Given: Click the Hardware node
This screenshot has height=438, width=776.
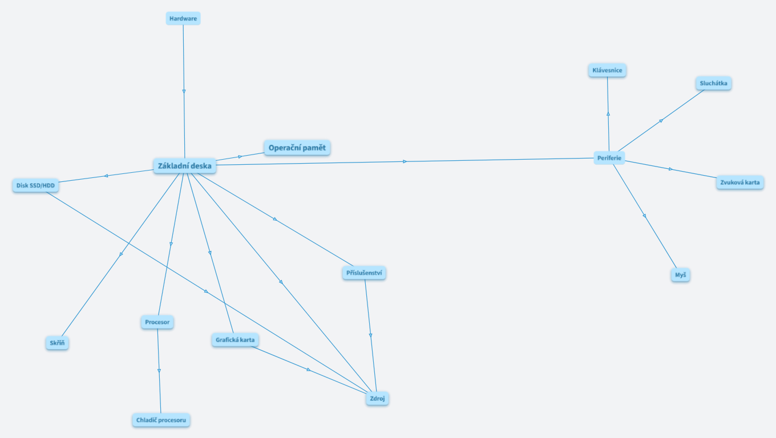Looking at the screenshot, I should click(183, 19).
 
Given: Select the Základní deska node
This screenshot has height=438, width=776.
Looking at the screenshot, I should click(185, 167).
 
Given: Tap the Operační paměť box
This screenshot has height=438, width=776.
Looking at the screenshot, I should click(297, 148).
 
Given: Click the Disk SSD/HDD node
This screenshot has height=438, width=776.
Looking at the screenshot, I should click(35, 185).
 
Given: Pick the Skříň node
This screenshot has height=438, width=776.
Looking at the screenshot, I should click(57, 343).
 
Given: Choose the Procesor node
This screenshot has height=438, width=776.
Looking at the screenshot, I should click(157, 322).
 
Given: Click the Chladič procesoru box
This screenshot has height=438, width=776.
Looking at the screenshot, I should click(161, 420).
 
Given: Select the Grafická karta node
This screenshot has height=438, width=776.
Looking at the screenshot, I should click(235, 340).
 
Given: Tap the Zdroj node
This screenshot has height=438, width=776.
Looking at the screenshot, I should click(377, 399).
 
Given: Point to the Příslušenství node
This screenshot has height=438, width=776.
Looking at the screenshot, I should click(365, 273).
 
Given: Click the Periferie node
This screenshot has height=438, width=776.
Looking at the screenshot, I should click(609, 158).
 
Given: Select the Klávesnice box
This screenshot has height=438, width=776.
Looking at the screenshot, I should click(607, 70).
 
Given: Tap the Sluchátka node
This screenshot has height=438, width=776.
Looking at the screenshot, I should click(713, 83).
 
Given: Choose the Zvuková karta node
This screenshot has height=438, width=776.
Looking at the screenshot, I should click(739, 182).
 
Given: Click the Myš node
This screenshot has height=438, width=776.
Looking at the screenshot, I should click(680, 275).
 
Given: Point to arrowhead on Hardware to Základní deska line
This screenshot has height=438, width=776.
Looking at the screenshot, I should click(184, 91).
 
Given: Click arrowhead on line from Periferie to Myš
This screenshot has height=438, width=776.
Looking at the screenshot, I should click(645, 216).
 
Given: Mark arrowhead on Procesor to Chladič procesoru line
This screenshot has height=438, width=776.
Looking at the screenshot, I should click(159, 371).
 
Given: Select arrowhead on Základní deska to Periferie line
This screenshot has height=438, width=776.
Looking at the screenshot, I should click(405, 161).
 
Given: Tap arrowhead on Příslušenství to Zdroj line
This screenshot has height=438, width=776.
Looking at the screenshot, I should click(371, 336).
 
